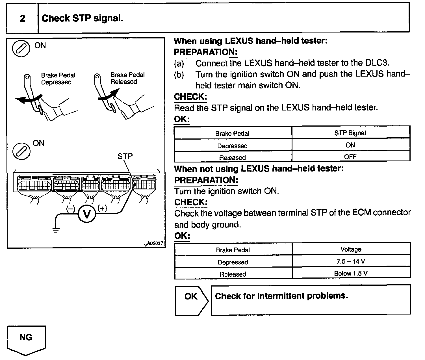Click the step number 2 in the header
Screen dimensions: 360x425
[23, 18]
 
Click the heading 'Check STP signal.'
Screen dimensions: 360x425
[82, 18]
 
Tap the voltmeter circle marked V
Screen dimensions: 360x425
[87, 214]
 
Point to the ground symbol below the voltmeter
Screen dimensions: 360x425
[56, 229]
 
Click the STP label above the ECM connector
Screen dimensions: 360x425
[125, 156]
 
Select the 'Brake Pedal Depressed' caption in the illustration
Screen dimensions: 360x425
[58, 79]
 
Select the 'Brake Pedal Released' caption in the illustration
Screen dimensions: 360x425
[127, 78]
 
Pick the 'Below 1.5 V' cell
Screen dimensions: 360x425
[351, 274]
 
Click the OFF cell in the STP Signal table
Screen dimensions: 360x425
[350, 157]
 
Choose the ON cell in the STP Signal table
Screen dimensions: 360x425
[350, 145]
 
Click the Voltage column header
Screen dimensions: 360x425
[351, 250]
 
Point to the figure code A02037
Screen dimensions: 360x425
[155, 243]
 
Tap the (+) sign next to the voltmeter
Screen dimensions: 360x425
[102, 209]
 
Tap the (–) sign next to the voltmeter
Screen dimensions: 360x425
[71, 209]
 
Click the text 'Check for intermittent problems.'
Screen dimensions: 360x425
[281, 296]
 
